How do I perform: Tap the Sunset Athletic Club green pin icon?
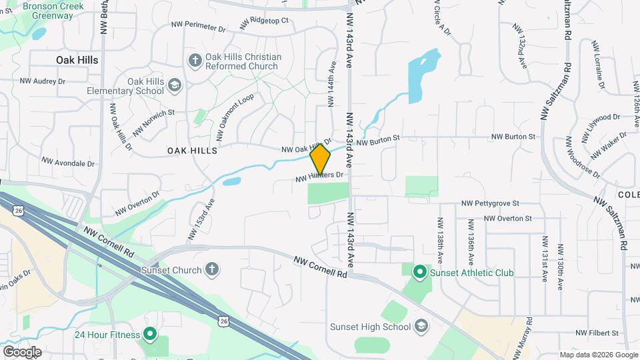pyautogui.click(x=419, y=272)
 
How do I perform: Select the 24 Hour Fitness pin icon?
pyautogui.click(x=150, y=335)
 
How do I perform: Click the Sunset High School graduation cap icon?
pyautogui.click(x=421, y=326)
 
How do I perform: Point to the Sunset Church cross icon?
pyautogui.click(x=212, y=269)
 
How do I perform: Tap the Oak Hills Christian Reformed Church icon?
pyautogui.click(x=195, y=61)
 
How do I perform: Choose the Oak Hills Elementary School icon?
pyautogui.click(x=174, y=85)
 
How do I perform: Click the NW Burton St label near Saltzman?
pyautogui.click(x=513, y=137)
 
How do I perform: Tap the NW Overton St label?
pyautogui.click(x=508, y=218)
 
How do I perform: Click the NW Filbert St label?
pyautogui.click(x=597, y=333)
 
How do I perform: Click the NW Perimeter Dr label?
pyautogui.click(x=199, y=27)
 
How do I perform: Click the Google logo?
pyautogui.click(x=21, y=351)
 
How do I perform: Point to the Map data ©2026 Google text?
pyautogui.click(x=598, y=355)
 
